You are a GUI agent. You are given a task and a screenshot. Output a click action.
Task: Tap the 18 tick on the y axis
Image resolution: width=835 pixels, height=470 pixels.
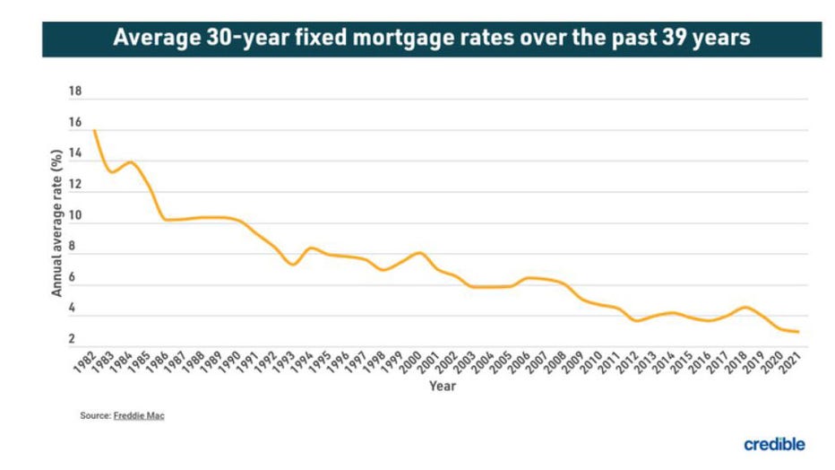pos(75,91)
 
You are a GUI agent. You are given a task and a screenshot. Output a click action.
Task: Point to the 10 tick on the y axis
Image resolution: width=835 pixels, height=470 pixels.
pos(75,216)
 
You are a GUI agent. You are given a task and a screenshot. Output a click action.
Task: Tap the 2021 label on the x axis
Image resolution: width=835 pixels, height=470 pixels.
pos(791,361)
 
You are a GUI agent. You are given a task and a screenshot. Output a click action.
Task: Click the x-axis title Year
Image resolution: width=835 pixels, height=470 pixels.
pos(442,387)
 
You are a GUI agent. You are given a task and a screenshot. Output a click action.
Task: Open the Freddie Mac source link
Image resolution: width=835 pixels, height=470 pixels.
pos(138,416)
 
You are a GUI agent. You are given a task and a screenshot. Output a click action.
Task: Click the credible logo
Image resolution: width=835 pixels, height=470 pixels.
pos(774,444)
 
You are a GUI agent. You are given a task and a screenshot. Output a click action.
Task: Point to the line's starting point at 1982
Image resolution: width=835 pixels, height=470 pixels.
pos(94,131)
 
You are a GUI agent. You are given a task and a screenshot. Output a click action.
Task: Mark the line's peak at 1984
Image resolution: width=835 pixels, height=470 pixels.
pos(131,162)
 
